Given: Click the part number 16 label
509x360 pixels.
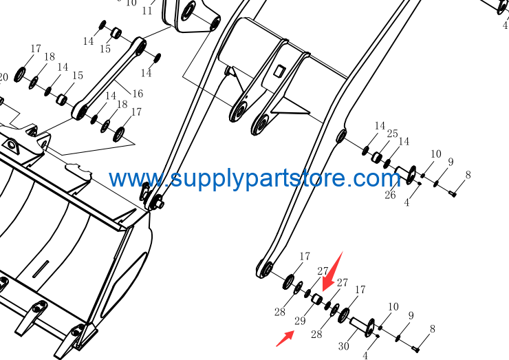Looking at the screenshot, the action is tap(138, 94).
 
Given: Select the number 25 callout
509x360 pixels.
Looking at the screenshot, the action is tap(393, 134).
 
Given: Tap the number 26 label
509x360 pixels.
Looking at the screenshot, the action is tap(390, 195).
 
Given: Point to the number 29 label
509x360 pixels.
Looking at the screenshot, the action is tap(300, 321).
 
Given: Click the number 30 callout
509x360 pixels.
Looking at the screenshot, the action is tap(343, 346).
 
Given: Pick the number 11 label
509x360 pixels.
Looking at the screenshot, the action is tap(147, 11).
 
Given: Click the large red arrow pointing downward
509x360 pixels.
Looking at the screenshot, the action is tap(332, 273).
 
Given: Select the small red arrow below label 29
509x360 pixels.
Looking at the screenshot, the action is tap(285, 338).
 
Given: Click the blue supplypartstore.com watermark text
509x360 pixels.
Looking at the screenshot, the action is tap(255, 178).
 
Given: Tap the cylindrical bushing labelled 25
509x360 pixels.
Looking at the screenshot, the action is tap(376, 157).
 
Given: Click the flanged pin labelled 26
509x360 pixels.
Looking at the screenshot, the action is tap(406, 174).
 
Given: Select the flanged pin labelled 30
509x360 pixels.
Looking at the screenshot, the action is tap(362, 327).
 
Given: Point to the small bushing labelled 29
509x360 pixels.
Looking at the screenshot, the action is tap(317, 299).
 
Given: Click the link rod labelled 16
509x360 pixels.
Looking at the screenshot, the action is tap(109, 78).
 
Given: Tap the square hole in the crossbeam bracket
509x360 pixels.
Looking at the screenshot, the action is tap(279, 71).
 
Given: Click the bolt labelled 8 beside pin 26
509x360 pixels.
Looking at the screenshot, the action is tap(453, 193).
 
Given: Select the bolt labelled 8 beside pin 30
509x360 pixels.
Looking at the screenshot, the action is tap(415, 349).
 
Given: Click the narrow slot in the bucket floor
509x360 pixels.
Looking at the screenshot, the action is tap(41, 268).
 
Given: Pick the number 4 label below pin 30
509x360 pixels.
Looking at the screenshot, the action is tap(365, 355).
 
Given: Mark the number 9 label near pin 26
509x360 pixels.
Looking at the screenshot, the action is tap(451, 162).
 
